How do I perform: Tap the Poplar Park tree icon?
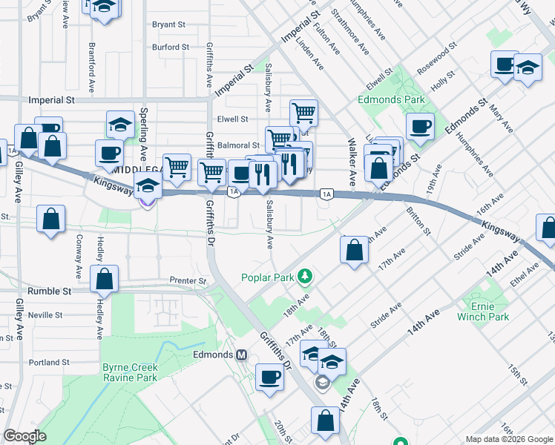303,277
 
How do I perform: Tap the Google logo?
24,436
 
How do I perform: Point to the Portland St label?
49,363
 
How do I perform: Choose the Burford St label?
171,47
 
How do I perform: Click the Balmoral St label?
238,145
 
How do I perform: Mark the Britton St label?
418,221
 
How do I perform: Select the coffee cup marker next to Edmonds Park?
420,125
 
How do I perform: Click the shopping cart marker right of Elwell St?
303,113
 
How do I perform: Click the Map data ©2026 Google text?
509,438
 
